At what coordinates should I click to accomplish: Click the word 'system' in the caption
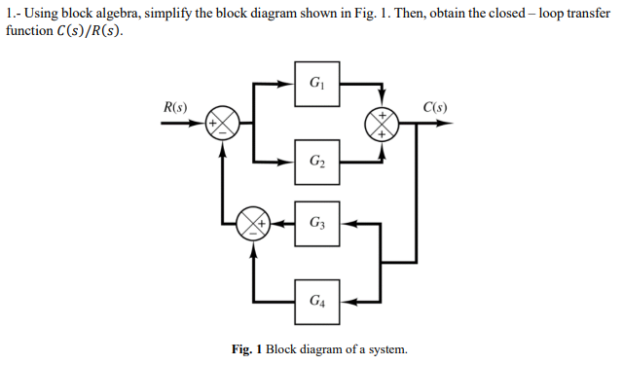pyautogui.click(x=385, y=349)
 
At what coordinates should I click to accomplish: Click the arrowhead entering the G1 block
pyautogui.click(x=289, y=83)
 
